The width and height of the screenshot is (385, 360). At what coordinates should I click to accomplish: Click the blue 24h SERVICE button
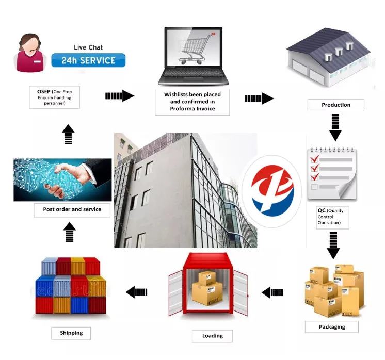coord(88,60)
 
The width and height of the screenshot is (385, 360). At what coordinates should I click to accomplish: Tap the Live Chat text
coord(88,47)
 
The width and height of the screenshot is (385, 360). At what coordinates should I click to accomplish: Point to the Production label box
coord(335,105)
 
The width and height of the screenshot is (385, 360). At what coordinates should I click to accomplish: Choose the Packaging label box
coord(332,326)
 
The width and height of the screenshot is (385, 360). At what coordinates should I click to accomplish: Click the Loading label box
coord(212,336)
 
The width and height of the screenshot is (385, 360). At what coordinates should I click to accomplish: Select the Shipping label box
coord(71,333)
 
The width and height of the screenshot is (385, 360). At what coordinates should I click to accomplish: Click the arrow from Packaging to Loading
coord(272,292)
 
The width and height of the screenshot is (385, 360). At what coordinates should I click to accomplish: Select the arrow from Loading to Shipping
coord(137,292)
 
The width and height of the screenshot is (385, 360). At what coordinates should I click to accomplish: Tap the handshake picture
coord(62,180)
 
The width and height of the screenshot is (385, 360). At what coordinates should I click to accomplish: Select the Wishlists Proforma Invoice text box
coord(192,102)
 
